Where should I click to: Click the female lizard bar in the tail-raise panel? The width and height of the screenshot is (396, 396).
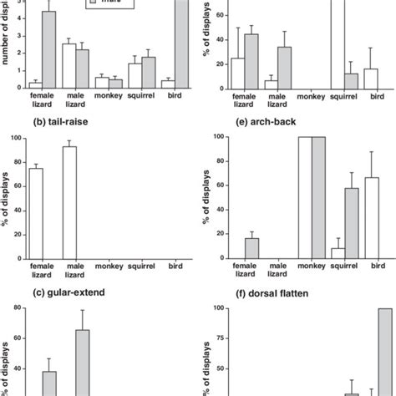coord(35,213)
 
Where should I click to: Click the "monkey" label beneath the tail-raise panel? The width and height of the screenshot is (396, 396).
coord(108,268)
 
